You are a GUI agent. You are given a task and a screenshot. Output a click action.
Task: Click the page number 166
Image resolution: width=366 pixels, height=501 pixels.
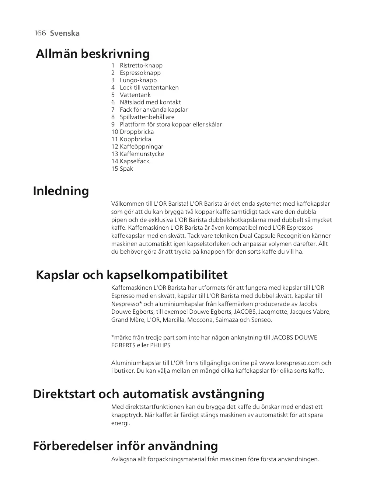[x=40, y=33]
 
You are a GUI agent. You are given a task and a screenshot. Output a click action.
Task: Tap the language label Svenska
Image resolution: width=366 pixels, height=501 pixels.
[x=65, y=33]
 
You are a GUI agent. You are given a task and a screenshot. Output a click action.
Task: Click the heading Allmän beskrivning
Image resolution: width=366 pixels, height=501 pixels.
[x=93, y=54]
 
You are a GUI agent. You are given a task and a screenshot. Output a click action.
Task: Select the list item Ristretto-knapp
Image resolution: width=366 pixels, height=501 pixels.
[x=141, y=66]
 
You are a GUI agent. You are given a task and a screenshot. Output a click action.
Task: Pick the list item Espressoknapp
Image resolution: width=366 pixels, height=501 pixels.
[x=140, y=73]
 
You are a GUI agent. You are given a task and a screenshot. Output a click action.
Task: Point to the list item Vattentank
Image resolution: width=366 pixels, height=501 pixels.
[x=135, y=95]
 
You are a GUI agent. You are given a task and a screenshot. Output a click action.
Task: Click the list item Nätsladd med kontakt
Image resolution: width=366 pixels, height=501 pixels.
[x=150, y=102]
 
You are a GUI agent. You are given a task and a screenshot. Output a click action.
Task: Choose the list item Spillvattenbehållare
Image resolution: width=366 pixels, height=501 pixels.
[x=147, y=117]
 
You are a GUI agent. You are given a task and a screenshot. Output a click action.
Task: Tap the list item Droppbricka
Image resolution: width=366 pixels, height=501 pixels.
[x=136, y=132]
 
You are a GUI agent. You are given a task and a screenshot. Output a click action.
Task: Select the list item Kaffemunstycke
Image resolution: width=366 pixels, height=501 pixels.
[x=142, y=154]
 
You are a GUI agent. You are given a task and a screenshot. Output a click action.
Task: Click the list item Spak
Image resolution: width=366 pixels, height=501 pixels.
[x=126, y=169]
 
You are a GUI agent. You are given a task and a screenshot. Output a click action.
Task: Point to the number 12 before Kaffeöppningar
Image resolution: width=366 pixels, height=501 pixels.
[x=115, y=147]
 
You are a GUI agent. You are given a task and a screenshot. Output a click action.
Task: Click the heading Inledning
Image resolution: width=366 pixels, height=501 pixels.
[x=61, y=191]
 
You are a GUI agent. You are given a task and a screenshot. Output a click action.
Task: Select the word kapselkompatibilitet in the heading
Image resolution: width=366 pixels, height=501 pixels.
[x=167, y=275]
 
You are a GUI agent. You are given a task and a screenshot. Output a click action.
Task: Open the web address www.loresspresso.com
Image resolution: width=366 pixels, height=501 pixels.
[x=289, y=363]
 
